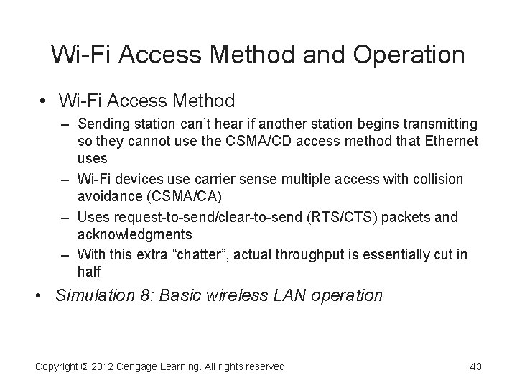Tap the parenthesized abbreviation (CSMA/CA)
(x=180, y=195)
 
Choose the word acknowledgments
(x=134, y=234)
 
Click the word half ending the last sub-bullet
(x=89, y=272)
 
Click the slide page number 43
(x=475, y=366)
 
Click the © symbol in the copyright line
(x=82, y=366)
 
